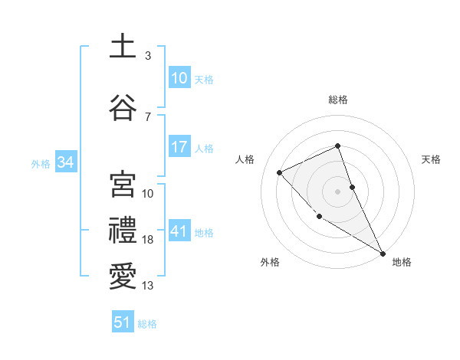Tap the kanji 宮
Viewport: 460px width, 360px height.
123,185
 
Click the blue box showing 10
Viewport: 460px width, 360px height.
179,78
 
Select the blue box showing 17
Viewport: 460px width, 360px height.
179,147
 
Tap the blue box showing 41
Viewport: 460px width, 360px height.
179,231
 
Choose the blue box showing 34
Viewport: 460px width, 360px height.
66,162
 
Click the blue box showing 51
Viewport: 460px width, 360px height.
123,322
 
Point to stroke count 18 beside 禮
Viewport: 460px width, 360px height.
148,240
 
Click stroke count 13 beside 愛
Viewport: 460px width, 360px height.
148,286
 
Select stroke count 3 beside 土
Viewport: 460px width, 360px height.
148,56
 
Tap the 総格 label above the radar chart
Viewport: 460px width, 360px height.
338,100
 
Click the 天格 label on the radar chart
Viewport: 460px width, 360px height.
432,159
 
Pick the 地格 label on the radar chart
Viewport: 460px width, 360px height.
402,262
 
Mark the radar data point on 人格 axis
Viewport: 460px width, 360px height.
280,172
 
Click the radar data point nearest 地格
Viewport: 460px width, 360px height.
383,253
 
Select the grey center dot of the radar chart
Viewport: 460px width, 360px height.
338,191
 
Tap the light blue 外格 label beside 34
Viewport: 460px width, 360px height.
41,163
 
